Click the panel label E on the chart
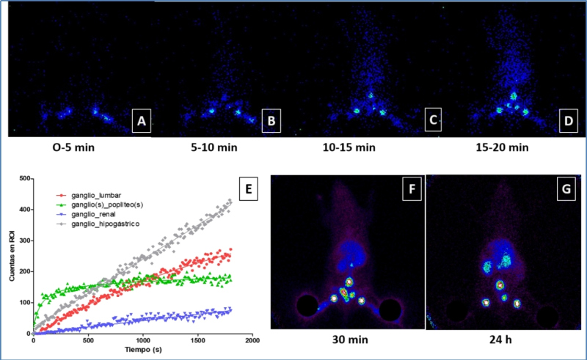click(x=249, y=191)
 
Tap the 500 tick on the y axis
click(x=25, y=178)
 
